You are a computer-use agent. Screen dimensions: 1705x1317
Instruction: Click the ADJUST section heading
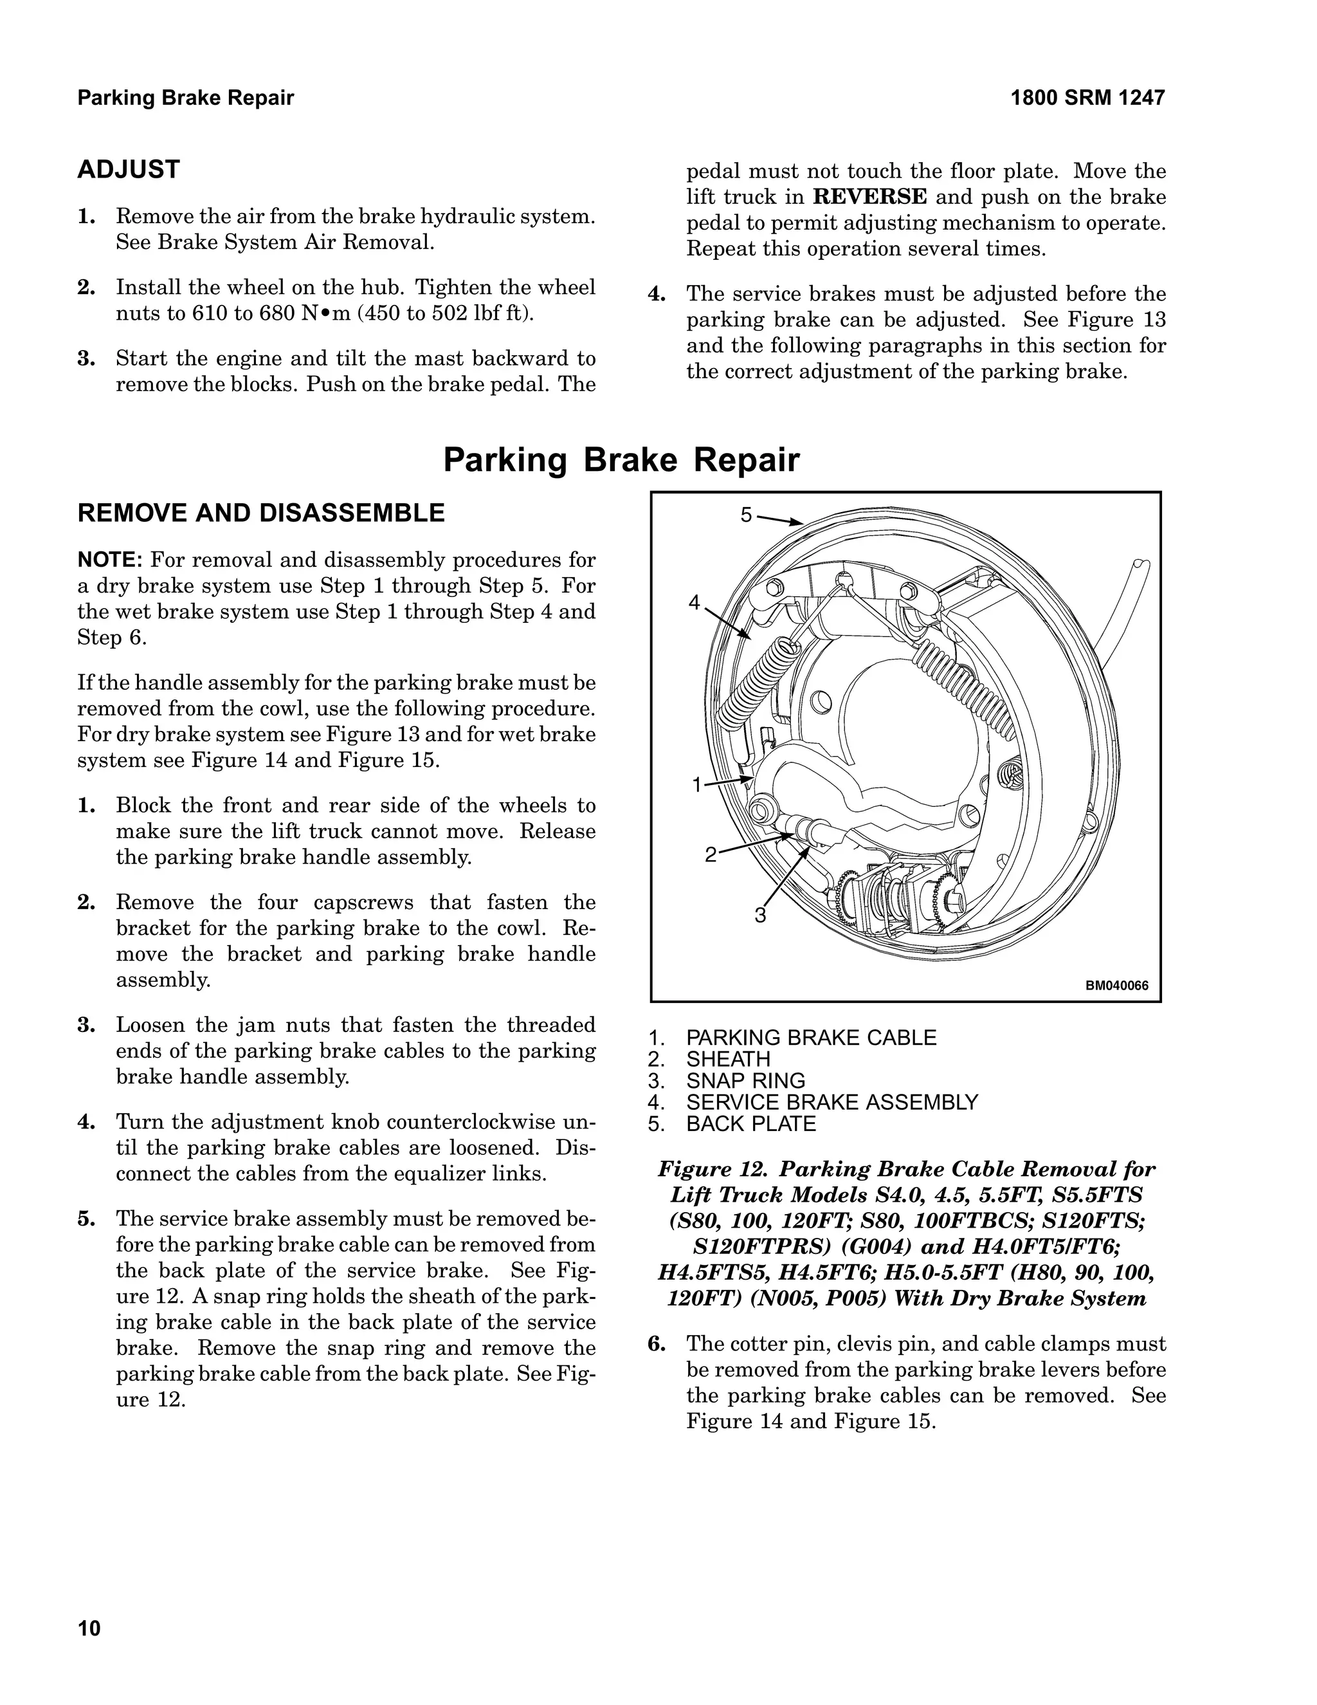coord(128,169)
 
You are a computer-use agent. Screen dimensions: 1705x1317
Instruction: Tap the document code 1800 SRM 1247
coord(1087,98)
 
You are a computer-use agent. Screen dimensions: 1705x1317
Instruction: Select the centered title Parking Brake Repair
coord(621,460)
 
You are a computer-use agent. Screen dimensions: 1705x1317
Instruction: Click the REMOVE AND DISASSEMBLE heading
coord(260,513)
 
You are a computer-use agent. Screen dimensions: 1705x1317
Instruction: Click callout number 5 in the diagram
coord(746,515)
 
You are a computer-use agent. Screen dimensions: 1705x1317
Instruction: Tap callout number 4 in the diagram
coord(694,603)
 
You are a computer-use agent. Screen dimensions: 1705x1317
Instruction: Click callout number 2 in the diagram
coord(710,855)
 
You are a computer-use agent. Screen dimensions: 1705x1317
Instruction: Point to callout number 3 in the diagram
coord(760,915)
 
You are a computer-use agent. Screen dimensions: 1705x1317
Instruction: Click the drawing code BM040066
coord(1116,986)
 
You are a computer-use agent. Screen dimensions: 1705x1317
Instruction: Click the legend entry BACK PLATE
coord(750,1123)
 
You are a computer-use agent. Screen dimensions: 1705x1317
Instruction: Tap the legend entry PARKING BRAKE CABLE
coord(811,1038)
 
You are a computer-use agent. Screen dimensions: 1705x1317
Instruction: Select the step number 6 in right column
coord(657,1344)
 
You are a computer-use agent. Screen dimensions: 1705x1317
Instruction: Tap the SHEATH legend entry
coord(728,1060)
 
